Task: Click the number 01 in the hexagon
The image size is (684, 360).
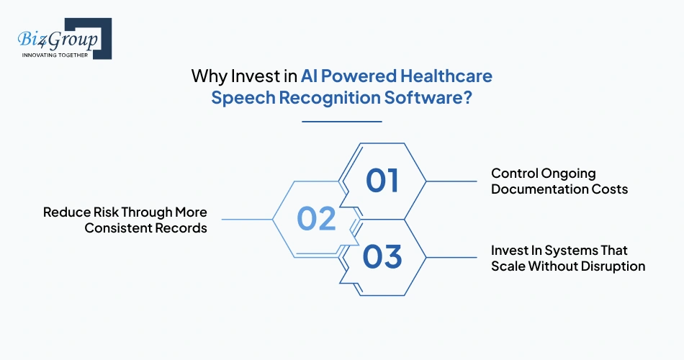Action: point(382,180)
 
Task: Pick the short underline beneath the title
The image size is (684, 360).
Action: point(341,121)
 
